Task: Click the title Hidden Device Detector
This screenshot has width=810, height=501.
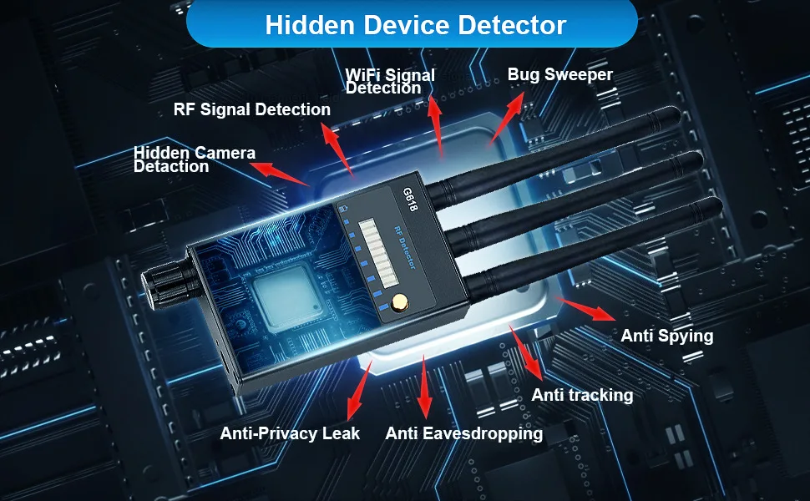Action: coord(415,25)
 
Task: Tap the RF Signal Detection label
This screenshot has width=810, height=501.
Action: coord(251,109)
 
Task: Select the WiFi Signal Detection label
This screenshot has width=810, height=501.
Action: coord(390,81)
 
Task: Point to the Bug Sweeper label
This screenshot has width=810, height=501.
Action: coord(559,74)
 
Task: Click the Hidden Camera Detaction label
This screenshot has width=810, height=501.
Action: coord(194,159)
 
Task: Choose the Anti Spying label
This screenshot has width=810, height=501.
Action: coord(666,336)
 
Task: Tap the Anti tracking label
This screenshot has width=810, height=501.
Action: coord(582,394)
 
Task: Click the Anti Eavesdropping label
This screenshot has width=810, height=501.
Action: coord(463,433)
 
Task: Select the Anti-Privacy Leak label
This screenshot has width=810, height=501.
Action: coord(290,433)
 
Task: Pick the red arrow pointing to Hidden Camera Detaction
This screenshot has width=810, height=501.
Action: coord(281,172)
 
